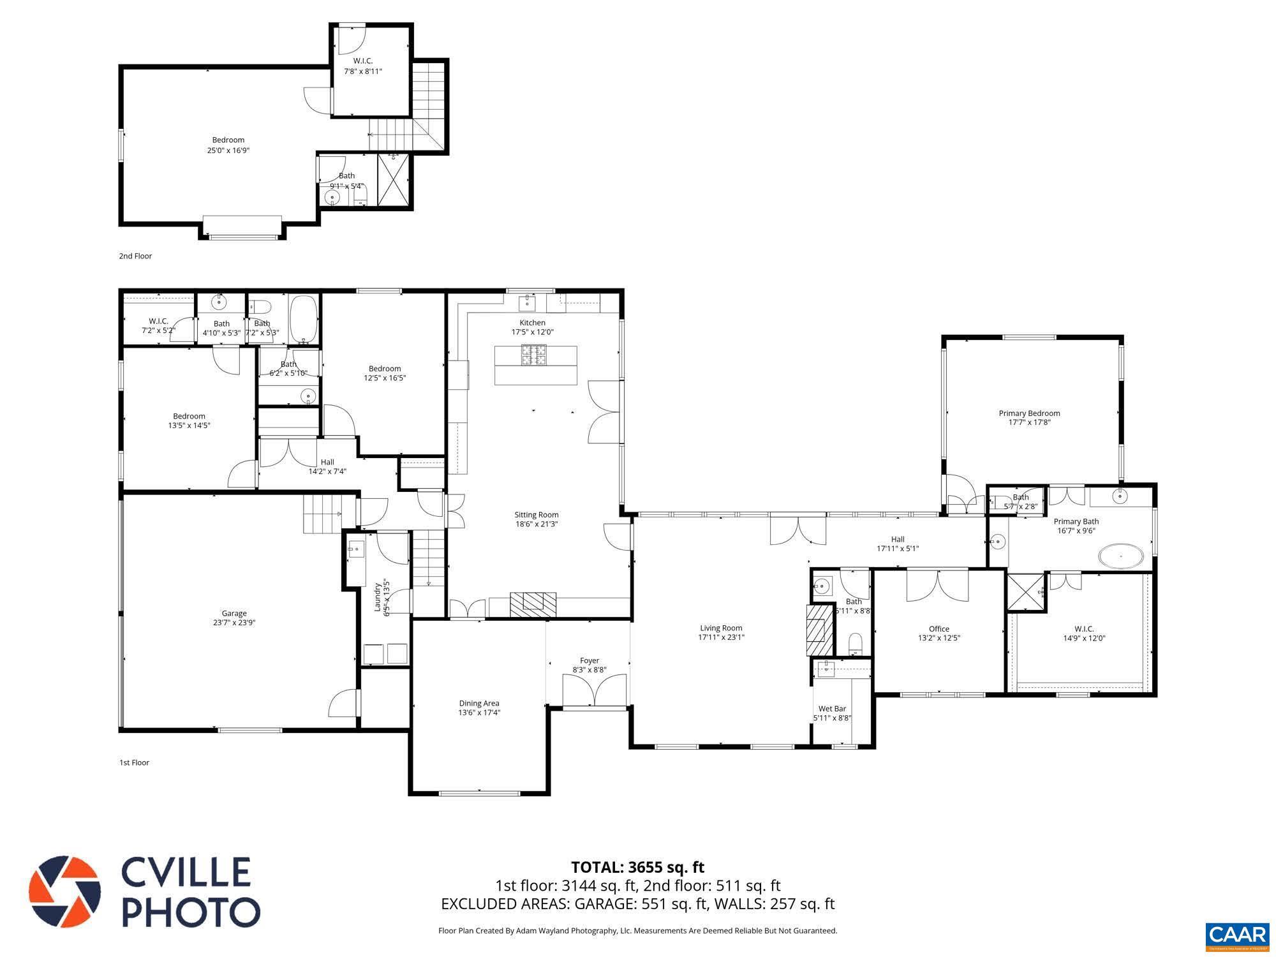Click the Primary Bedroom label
(x=1029, y=413)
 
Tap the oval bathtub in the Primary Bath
(x=1121, y=556)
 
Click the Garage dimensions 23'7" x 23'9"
(x=234, y=623)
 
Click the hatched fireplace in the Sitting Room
(x=533, y=604)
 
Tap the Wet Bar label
(x=832, y=709)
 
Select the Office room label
(x=938, y=629)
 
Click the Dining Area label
(x=478, y=704)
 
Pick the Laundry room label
(x=377, y=596)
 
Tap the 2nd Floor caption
(x=135, y=256)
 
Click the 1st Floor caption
(x=134, y=762)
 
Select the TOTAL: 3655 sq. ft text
(x=637, y=867)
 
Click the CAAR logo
(x=1237, y=935)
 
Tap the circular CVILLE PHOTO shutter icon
(x=64, y=892)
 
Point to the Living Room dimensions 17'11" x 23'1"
(x=721, y=637)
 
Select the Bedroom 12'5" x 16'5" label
(x=385, y=373)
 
